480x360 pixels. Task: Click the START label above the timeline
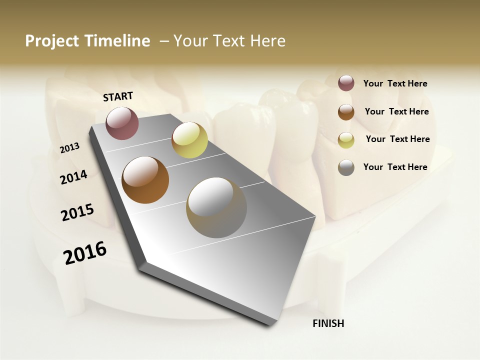118,96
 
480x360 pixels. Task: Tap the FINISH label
328,323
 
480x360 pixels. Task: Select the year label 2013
70,148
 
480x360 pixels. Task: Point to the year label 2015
77,212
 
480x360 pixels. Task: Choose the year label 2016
85,253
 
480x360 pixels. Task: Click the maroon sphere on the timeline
122,123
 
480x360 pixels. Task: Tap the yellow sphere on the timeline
189,140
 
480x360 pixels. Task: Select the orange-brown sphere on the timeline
145,180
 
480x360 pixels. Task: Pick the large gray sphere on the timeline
216,207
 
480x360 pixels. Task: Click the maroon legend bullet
346,83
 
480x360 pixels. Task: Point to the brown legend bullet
346,112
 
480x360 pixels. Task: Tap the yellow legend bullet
346,140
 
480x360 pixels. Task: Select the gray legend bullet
346,167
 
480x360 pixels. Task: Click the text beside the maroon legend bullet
395,84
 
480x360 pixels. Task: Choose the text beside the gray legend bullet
395,167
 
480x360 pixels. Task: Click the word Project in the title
52,41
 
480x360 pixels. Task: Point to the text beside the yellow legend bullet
398,139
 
